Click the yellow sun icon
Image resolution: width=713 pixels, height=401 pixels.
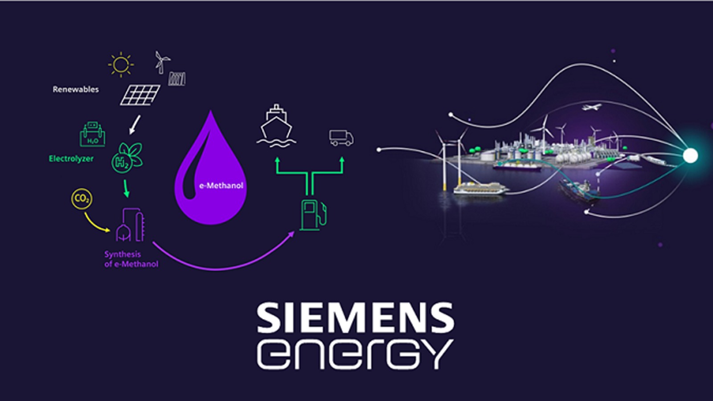pyautogui.click(x=120, y=65)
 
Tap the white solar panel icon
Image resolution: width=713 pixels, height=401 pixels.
pyautogui.click(x=140, y=94)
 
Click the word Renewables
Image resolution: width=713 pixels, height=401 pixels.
pyautogui.click(x=76, y=89)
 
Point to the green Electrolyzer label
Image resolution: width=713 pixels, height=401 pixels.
pyautogui.click(x=71, y=159)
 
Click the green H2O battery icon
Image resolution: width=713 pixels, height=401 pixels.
pyautogui.click(x=92, y=135)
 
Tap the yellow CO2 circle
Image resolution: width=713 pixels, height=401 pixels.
pyautogui.click(x=82, y=199)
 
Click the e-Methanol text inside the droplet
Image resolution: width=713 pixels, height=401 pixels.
pyautogui.click(x=221, y=185)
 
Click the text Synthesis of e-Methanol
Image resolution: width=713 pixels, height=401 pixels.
pyautogui.click(x=131, y=259)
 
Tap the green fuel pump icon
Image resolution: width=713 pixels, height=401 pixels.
pyautogui.click(x=313, y=215)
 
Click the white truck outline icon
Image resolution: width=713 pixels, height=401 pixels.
pyautogui.click(x=341, y=138)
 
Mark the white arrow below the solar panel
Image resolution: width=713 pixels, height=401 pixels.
pyautogui.click(x=135, y=125)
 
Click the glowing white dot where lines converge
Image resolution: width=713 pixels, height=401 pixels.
pyautogui.click(x=690, y=155)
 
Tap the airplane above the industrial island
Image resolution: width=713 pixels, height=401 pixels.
pyautogui.click(x=591, y=107)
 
